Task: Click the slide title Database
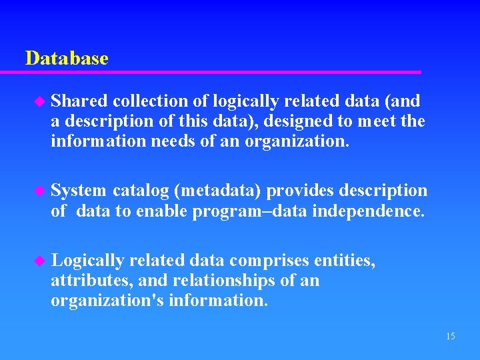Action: (x=66, y=59)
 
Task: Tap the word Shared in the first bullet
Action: (x=79, y=101)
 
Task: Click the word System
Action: (x=79, y=191)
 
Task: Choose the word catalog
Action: (x=141, y=191)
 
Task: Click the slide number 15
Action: (x=450, y=336)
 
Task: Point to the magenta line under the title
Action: (x=220, y=72)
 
